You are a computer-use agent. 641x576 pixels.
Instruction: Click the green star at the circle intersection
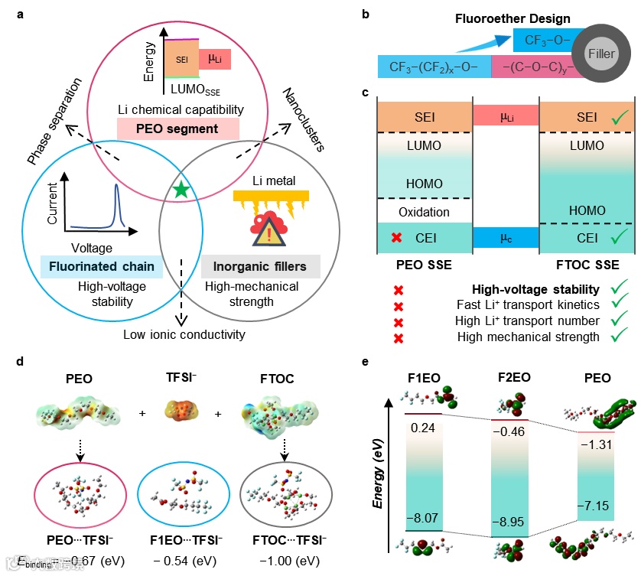pos(181,191)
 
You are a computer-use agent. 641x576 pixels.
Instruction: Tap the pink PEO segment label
pos(178,129)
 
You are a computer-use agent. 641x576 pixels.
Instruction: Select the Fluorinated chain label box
pos(100,267)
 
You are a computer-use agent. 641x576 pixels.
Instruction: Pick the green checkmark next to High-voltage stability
pos(617,289)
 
